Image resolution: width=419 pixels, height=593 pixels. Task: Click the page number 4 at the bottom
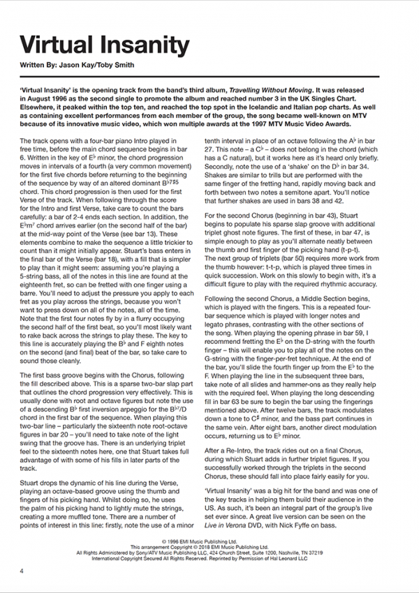[22, 571]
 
